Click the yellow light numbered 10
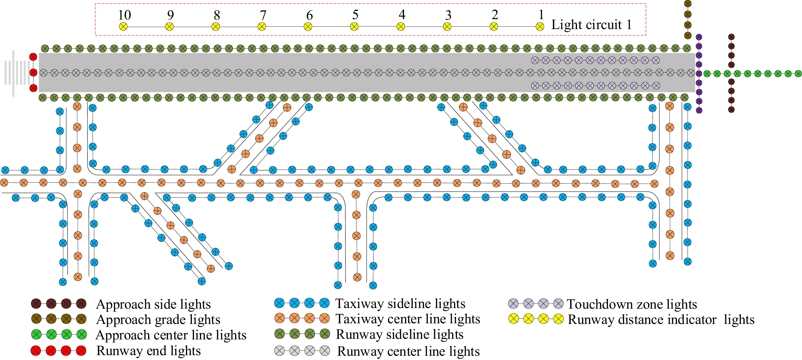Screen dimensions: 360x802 pos(123,27)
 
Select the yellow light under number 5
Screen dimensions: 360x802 pos(354,27)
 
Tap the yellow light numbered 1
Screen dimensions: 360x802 pos(540,27)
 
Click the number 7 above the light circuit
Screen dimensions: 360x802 pos(263,15)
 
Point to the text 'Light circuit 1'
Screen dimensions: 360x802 pos(592,25)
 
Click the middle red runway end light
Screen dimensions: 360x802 pos(33,73)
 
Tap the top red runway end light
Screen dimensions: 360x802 pos(33,57)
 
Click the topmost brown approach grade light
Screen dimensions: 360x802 pos(688,3)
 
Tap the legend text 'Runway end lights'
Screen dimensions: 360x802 pos(149,351)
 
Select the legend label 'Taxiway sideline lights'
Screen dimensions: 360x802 pos(400,304)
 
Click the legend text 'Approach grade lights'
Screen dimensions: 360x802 pos(158,319)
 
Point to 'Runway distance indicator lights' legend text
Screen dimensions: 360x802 pos(661,319)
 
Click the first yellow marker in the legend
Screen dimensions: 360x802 pos(513,319)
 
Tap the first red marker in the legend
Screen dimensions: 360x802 pos(36,351)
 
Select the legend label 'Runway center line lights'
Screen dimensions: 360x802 pos(408,351)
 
